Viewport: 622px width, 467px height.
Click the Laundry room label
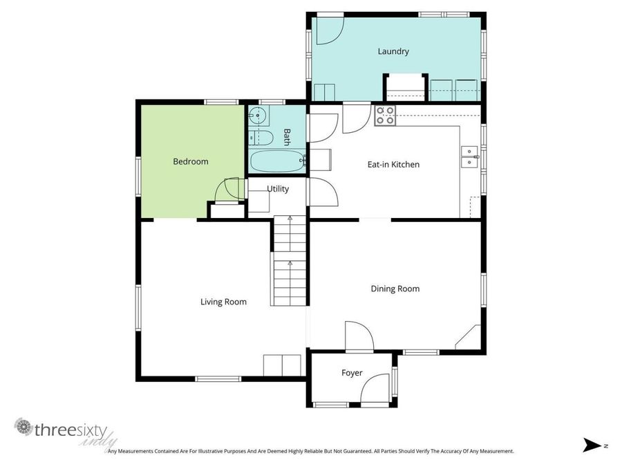point(393,51)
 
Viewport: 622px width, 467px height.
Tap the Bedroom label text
point(190,162)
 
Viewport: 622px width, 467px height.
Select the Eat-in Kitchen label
point(393,165)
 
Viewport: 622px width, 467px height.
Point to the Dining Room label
point(395,289)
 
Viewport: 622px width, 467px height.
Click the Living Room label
point(223,302)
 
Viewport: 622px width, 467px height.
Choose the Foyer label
point(352,373)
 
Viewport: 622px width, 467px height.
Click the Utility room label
point(278,189)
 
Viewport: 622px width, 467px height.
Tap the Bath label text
point(287,137)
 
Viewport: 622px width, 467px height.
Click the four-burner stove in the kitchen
point(385,116)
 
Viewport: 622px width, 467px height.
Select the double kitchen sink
point(469,156)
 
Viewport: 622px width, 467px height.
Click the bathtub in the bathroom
point(277,163)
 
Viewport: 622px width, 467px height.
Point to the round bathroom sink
point(257,115)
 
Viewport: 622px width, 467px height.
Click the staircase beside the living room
point(290,262)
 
